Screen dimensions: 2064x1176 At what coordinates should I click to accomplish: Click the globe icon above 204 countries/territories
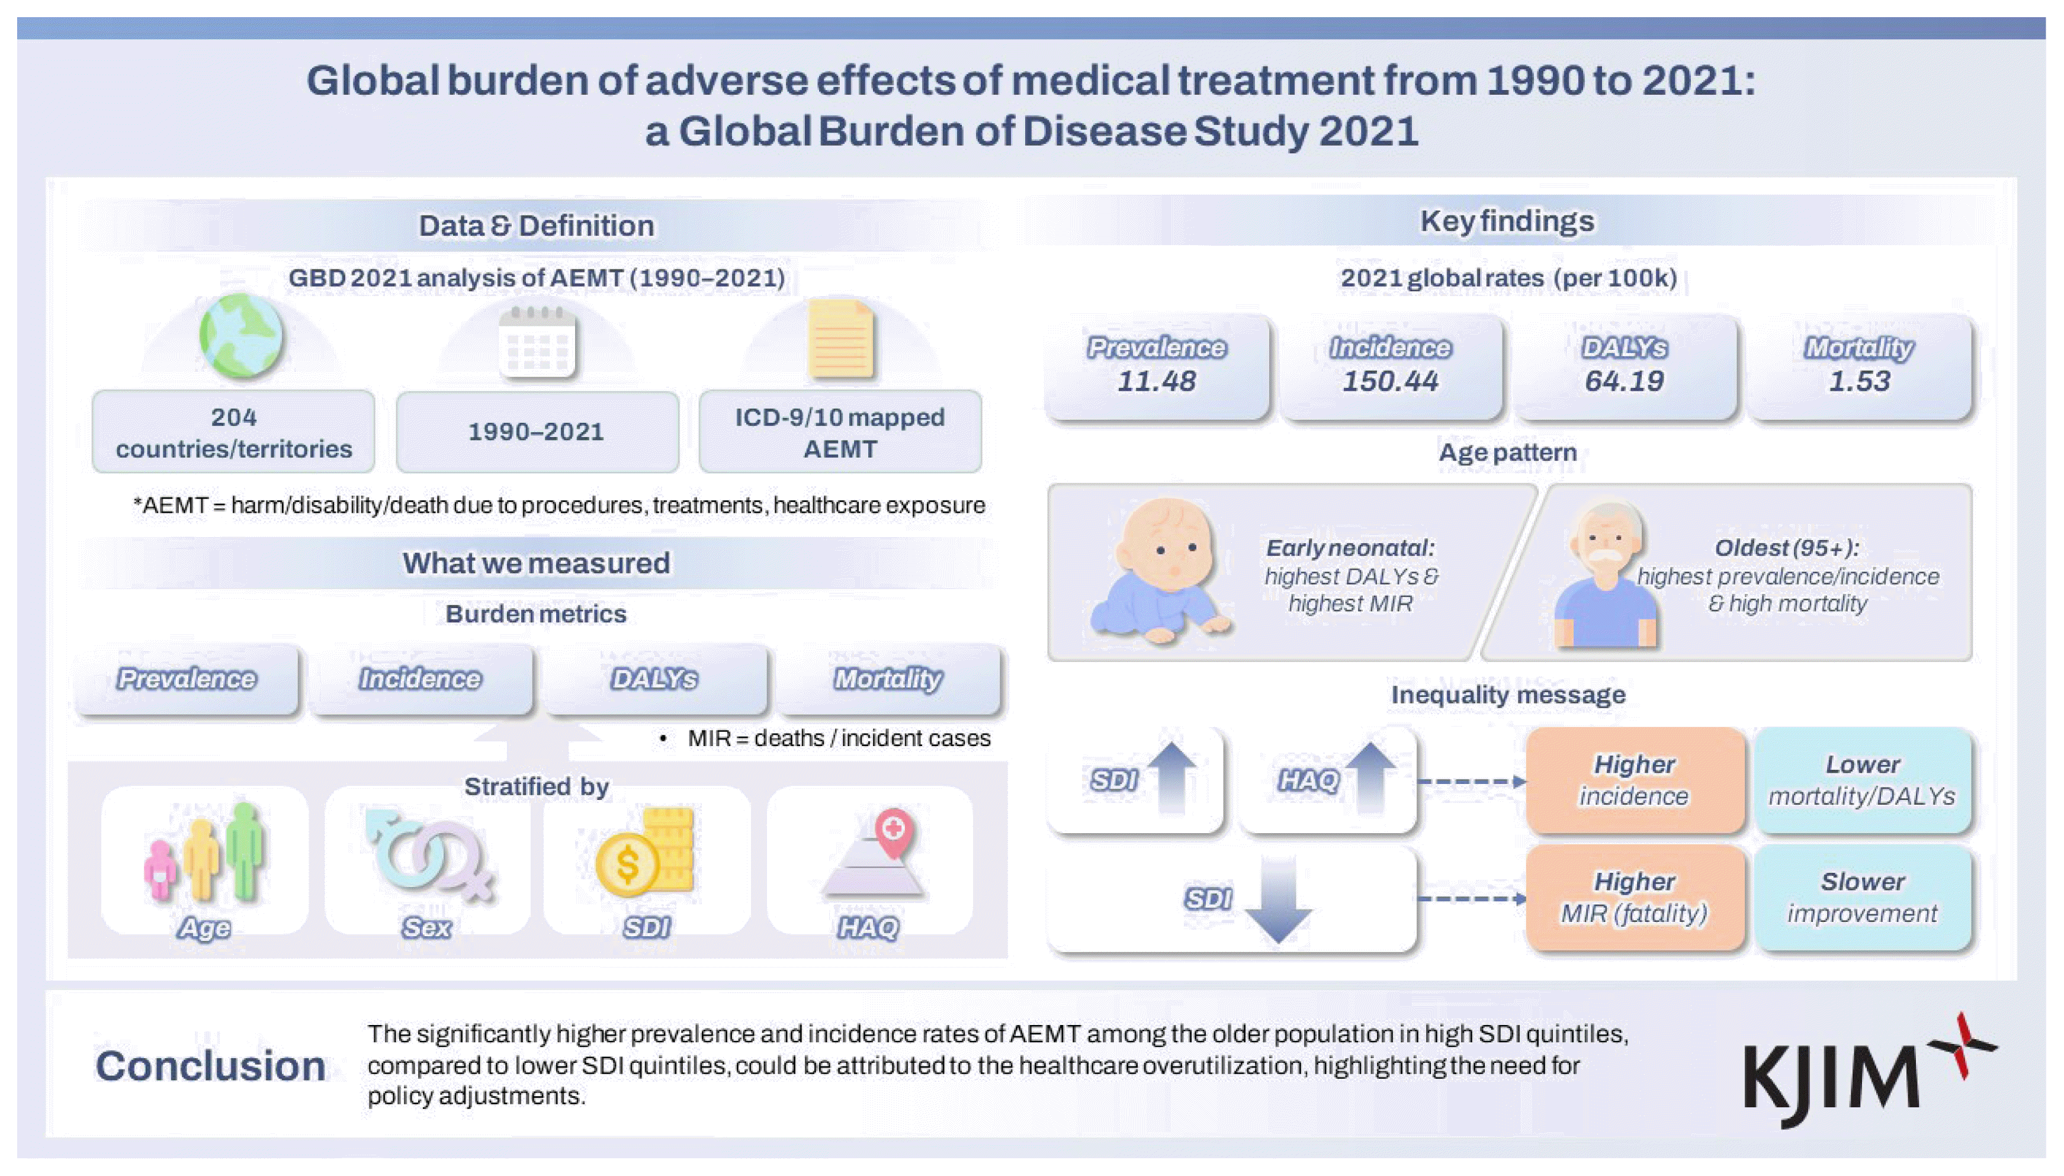tap(240, 335)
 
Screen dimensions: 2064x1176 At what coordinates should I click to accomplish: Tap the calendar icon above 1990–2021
tap(537, 342)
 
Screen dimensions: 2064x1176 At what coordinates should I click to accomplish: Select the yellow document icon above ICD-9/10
tap(841, 339)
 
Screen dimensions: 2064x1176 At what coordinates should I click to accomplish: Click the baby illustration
tap(1161, 570)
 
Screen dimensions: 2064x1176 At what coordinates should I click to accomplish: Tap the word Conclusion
tap(210, 1066)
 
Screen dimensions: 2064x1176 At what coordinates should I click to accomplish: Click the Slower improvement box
tap(1862, 897)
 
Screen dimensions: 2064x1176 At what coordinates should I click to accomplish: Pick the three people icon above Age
tap(205, 852)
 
